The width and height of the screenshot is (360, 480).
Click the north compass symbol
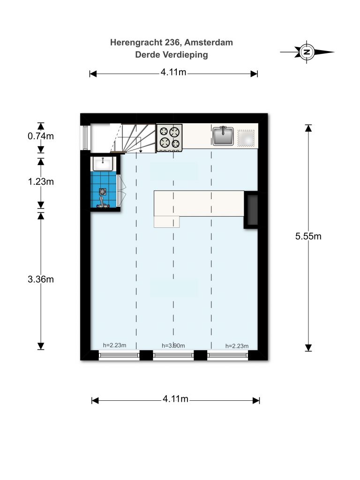click(307, 52)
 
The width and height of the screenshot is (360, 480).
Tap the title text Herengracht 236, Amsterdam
click(172, 42)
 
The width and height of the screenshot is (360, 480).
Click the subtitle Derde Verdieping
click(172, 55)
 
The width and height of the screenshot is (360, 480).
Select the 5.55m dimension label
click(308, 236)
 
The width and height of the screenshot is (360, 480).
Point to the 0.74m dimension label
click(41, 136)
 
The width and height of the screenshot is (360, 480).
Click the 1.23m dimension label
click(41, 181)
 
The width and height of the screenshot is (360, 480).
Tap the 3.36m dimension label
click(41, 279)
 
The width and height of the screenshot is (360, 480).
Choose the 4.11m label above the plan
click(173, 72)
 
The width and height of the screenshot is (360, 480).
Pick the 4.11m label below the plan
click(175, 399)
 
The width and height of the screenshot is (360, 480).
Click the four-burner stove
click(169, 138)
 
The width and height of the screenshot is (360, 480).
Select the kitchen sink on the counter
click(223, 135)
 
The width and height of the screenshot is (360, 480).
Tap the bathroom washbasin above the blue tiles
click(104, 164)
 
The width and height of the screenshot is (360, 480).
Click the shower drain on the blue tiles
click(103, 192)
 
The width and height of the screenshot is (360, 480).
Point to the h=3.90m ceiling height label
click(173, 345)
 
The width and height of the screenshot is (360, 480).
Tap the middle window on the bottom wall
click(173, 355)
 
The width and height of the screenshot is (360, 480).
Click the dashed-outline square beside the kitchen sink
click(246, 138)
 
